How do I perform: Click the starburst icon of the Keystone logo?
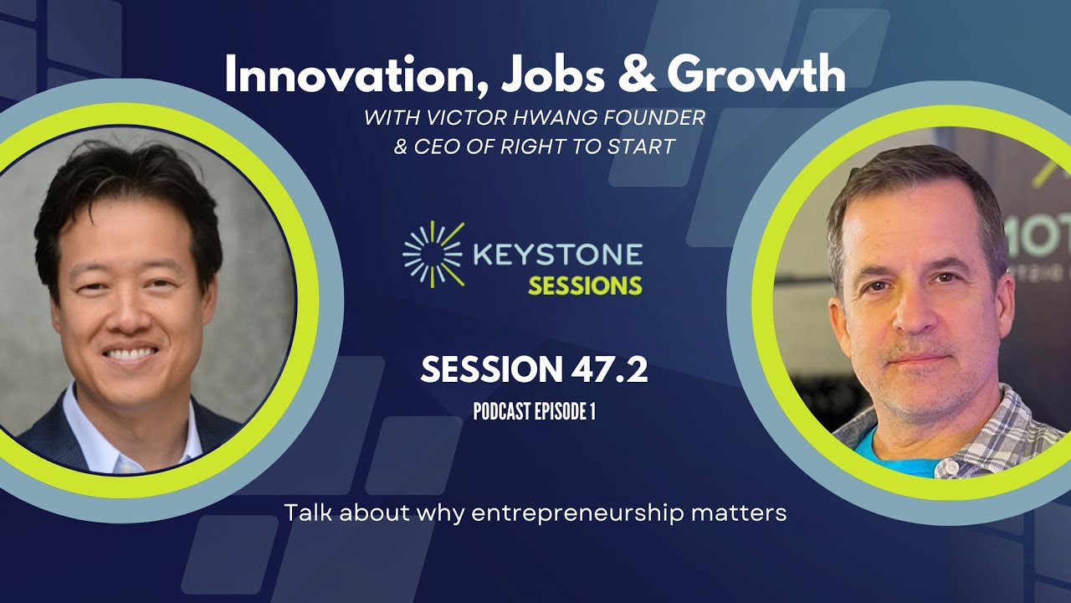[433, 254]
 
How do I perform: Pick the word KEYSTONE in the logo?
[557, 254]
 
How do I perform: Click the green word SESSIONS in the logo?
[584, 285]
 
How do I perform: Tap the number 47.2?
[606, 370]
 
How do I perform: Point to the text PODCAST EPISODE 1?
[534, 412]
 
